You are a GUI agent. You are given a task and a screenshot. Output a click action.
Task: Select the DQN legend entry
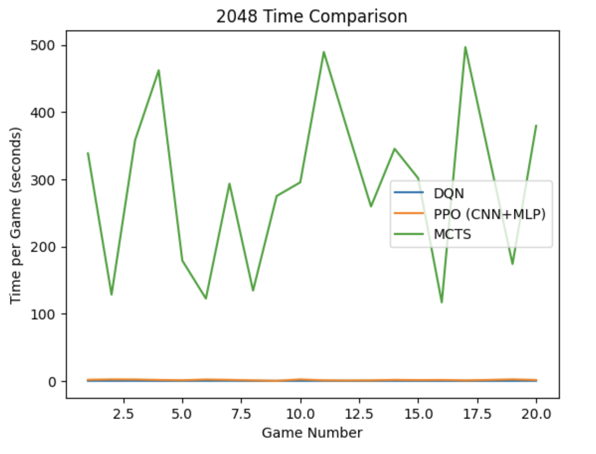pos(448,193)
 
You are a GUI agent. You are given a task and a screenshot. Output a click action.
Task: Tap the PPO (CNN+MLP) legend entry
pos(489,214)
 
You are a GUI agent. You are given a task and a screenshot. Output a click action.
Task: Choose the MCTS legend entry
pos(452,234)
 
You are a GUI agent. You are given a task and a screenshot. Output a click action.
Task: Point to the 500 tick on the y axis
pos(43,45)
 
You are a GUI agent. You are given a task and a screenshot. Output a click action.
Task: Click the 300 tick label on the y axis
pos(43,180)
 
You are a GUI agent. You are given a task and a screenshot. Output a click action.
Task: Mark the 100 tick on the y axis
pos(43,314)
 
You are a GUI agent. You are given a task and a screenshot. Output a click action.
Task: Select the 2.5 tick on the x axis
pos(123,414)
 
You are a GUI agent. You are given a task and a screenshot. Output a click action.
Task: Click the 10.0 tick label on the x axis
pos(300,414)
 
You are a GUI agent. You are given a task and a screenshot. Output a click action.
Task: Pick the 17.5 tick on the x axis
pos(477,414)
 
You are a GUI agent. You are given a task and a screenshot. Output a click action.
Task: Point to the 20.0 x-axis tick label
pos(536,414)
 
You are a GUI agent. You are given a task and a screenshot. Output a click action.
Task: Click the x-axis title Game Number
pos(312,433)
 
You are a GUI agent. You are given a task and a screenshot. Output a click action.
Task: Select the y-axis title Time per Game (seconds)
pos(16,215)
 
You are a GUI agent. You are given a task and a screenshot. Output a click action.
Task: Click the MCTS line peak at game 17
pos(465,47)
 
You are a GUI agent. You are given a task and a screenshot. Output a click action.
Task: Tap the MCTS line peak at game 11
pos(324,52)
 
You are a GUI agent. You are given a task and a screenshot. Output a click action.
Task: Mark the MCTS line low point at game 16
pos(442,302)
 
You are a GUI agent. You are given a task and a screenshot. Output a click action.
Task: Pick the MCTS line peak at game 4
pos(159,70)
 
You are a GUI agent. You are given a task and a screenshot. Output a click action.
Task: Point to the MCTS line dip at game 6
pos(206,298)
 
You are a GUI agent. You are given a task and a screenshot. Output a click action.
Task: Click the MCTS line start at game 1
pos(88,153)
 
